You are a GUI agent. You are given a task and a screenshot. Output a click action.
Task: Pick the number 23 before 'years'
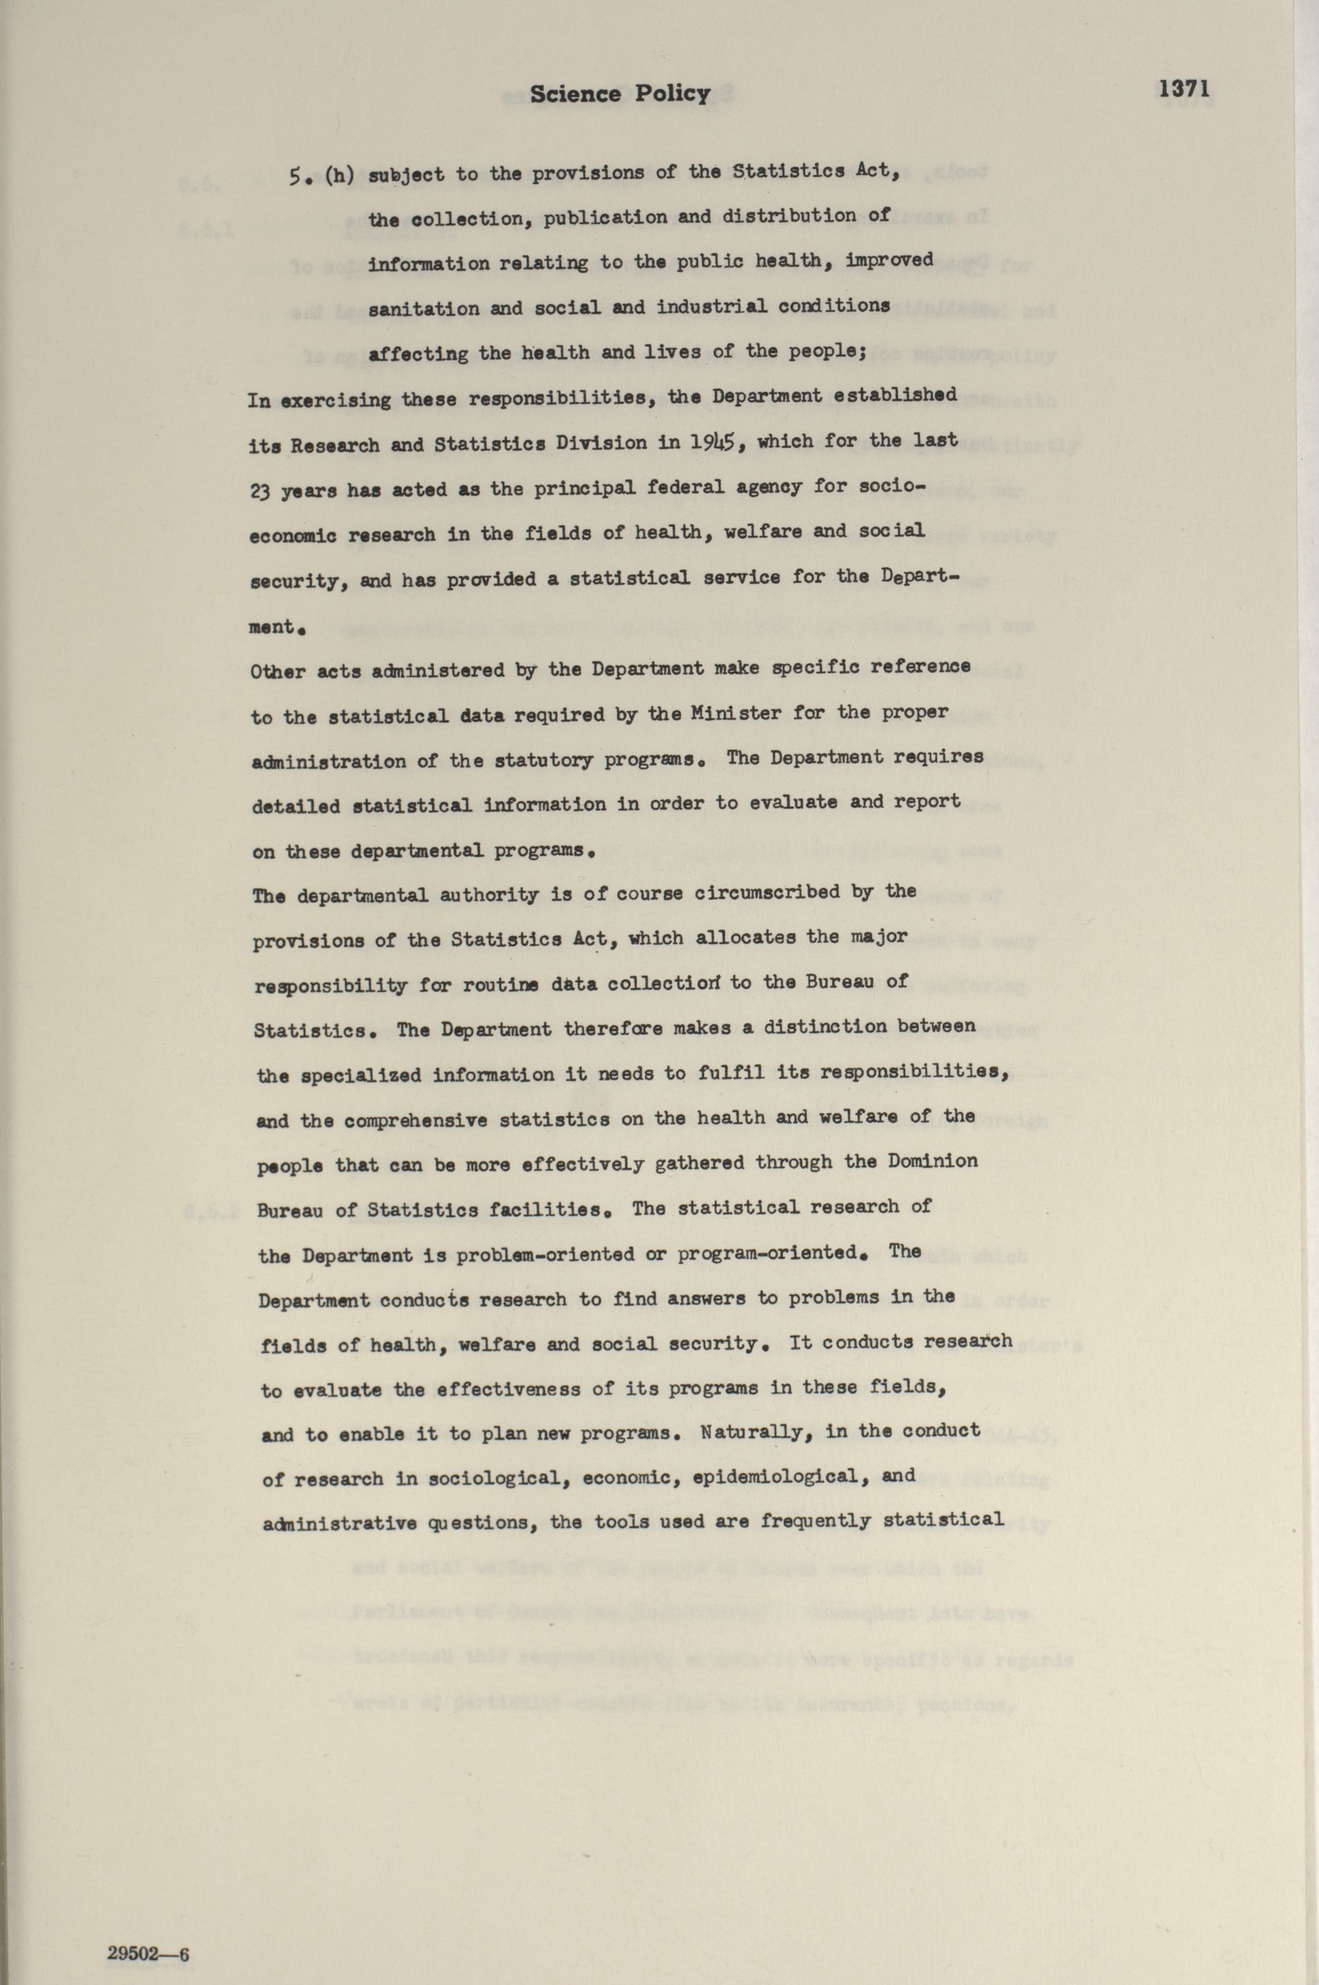tap(260, 491)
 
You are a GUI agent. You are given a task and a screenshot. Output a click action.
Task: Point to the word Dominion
tap(932, 1161)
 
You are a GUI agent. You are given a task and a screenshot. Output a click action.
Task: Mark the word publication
tap(605, 219)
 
